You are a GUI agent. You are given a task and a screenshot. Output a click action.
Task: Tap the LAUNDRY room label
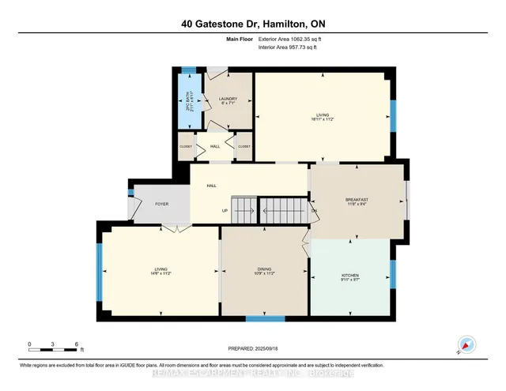click(x=228, y=100)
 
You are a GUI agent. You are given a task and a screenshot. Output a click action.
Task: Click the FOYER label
click(x=161, y=204)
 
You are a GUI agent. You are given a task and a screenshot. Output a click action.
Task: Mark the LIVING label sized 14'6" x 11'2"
click(x=160, y=272)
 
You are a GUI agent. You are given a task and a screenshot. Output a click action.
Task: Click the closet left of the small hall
click(x=185, y=146)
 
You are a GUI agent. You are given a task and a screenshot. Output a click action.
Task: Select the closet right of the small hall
click(x=244, y=146)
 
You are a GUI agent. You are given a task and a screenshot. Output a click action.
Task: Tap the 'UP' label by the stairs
click(x=225, y=211)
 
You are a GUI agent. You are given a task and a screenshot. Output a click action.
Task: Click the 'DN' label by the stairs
click(x=314, y=211)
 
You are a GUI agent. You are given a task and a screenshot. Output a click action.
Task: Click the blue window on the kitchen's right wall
click(x=393, y=273)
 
